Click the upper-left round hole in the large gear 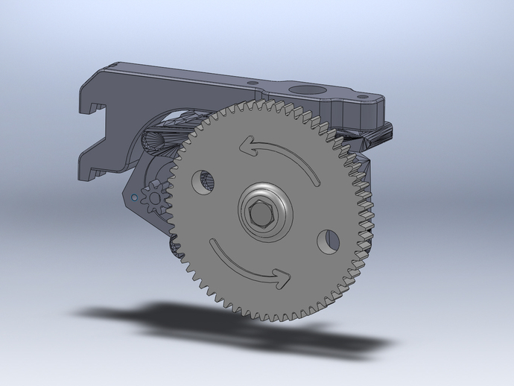click(204, 180)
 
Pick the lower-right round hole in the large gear click(327, 240)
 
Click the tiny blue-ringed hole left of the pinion click(133, 198)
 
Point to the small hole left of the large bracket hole click(252, 83)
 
